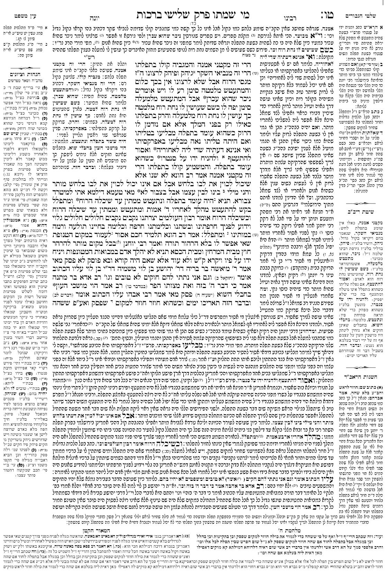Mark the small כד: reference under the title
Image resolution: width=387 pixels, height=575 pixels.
(193, 15)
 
